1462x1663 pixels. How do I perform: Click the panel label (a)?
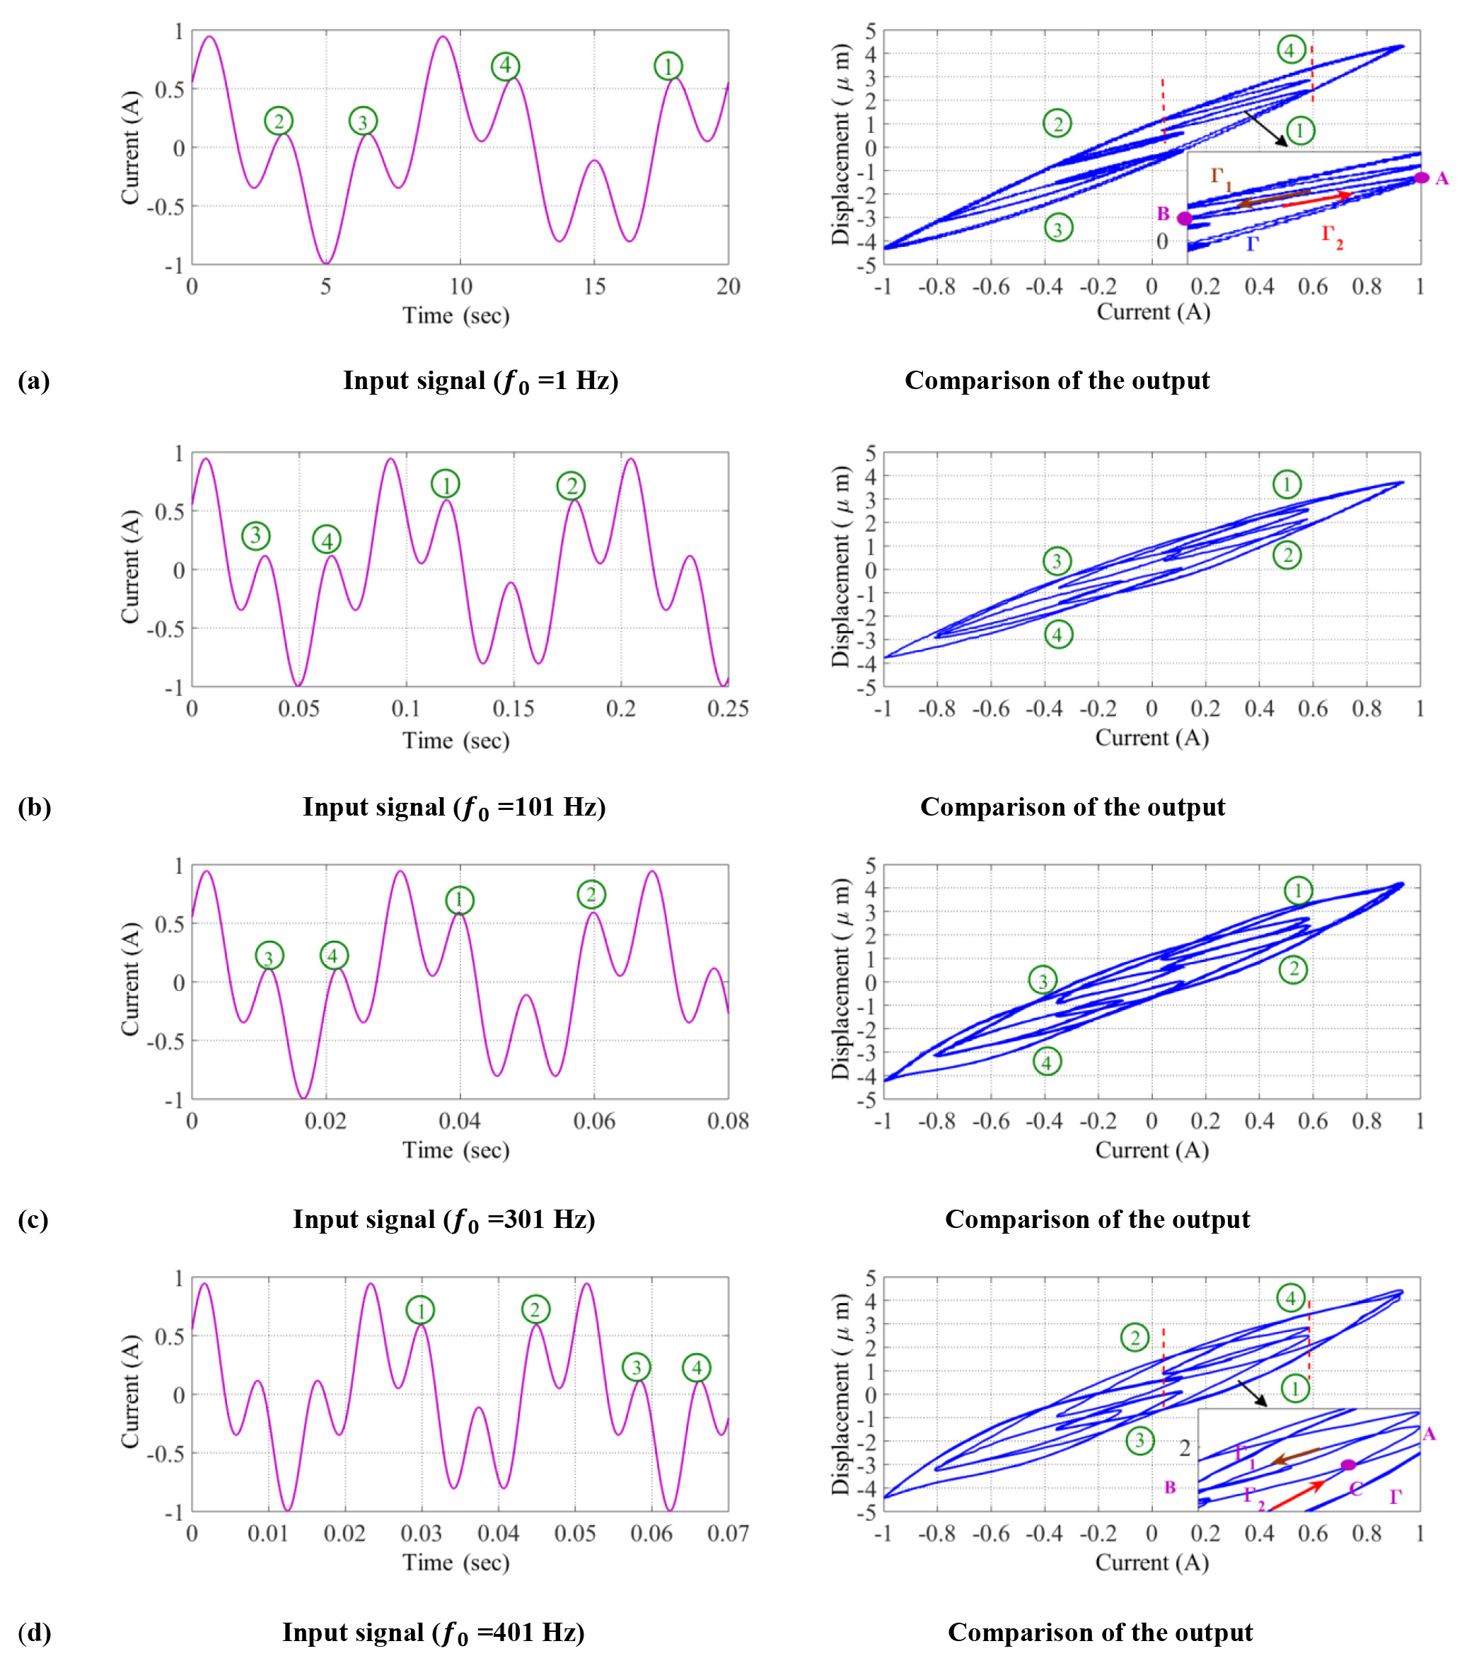(x=33, y=381)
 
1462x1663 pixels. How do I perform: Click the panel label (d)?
(x=33, y=1632)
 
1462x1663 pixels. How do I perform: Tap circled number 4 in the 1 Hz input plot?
(x=505, y=66)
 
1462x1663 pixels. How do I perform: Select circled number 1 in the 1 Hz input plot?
(x=668, y=66)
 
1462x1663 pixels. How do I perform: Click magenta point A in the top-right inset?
(x=1420, y=178)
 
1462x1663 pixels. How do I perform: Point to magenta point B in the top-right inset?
(x=1185, y=218)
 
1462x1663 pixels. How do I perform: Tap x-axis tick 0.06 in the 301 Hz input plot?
(x=594, y=1121)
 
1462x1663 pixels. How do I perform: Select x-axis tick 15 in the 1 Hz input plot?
(x=594, y=286)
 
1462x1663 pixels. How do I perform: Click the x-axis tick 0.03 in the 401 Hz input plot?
(x=421, y=1534)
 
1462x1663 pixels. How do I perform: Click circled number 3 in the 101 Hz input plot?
(x=255, y=535)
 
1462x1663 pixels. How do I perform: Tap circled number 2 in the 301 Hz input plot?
(x=591, y=894)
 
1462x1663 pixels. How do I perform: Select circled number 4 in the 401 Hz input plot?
(x=697, y=1367)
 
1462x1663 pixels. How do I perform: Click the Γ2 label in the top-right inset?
(x=1332, y=236)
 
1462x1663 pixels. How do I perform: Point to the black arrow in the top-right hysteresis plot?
(x=1265, y=129)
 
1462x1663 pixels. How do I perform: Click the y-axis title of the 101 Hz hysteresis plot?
(x=840, y=567)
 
